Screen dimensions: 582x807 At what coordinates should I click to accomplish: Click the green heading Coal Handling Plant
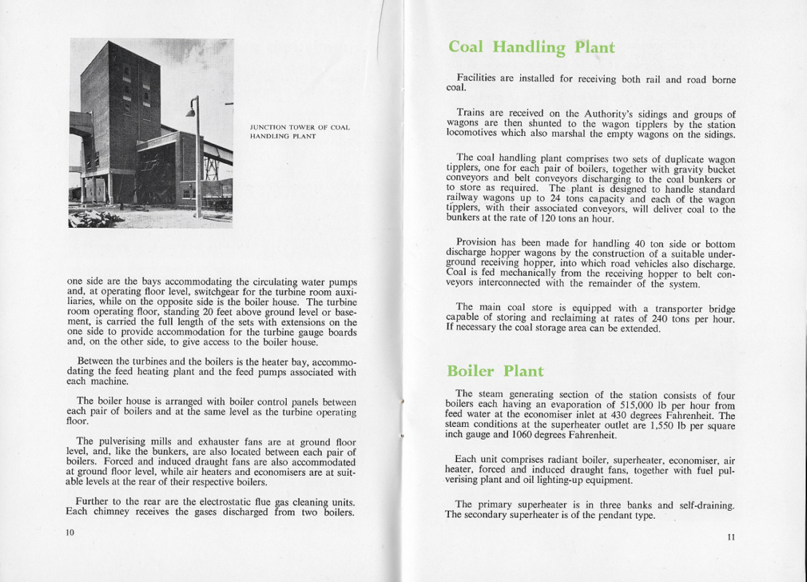(531, 48)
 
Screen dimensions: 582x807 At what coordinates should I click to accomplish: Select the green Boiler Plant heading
(495, 371)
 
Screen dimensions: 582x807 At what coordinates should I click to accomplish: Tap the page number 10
(71, 533)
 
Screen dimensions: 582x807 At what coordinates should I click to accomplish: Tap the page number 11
(731, 537)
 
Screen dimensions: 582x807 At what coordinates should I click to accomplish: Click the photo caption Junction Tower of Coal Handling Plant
(300, 132)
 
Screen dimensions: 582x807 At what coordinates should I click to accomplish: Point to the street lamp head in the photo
(191, 111)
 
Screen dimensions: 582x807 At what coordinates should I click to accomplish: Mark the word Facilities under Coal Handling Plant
(480, 79)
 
